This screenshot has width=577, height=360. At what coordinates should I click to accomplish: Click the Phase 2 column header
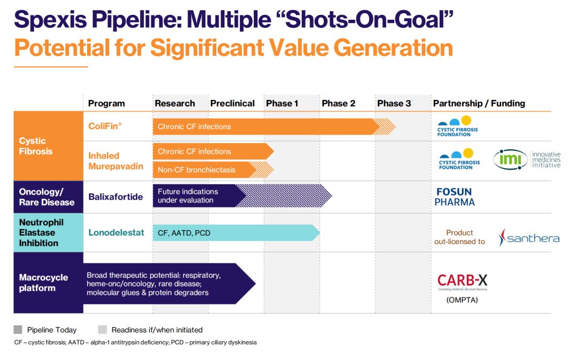tap(338, 103)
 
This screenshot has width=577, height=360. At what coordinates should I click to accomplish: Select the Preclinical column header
tap(232, 103)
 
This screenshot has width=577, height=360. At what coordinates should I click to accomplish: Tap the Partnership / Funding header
tap(479, 103)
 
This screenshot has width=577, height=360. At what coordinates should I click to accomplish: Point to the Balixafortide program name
tap(115, 197)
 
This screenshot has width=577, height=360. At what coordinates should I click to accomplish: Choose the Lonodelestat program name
tap(116, 232)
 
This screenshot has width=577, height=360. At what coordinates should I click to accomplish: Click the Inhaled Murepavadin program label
tap(115, 161)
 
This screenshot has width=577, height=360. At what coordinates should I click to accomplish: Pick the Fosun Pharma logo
tap(454, 197)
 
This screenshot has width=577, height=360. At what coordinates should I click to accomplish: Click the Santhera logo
tap(529, 238)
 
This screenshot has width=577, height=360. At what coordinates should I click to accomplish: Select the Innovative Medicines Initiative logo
tap(526, 159)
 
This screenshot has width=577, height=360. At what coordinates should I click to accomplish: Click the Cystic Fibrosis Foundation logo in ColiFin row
tap(457, 126)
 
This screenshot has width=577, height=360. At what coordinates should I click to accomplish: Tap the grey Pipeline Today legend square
tap(18, 330)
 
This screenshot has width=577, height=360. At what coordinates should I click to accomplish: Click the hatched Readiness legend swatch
tap(103, 330)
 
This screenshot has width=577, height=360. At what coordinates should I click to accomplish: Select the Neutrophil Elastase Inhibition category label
tap(41, 232)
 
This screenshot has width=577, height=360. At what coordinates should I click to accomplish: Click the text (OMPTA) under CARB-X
tap(462, 300)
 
